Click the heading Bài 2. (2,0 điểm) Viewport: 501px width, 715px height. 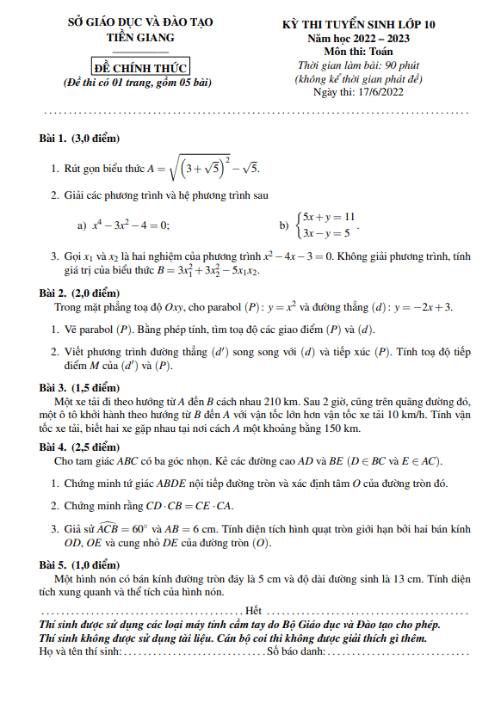click(x=79, y=293)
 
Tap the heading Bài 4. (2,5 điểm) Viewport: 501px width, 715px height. click(x=79, y=447)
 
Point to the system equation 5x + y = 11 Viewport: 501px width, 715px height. click(x=327, y=218)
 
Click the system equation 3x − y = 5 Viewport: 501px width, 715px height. click(x=325, y=233)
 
